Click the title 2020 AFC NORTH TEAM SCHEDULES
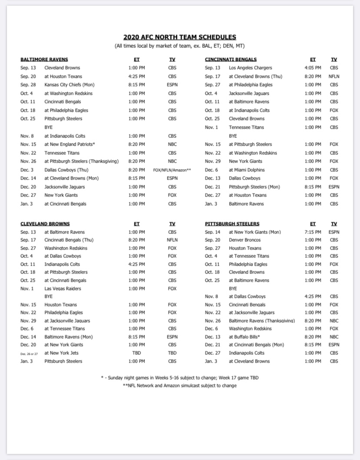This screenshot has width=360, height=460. pyautogui.click(x=180, y=37)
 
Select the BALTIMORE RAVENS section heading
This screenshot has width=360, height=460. pyautogui.click(x=44, y=60)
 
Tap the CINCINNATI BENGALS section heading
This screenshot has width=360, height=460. pyautogui.click(x=230, y=60)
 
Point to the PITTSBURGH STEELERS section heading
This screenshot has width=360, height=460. pyautogui.click(x=232, y=224)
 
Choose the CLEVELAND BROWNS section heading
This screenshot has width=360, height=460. pyautogui.click(x=45, y=224)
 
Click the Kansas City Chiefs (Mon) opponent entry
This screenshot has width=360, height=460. pyautogui.click(x=69, y=85)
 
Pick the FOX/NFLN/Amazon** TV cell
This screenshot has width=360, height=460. pyautogui.click(x=172, y=170)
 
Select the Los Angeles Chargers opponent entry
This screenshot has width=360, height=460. pyautogui.click(x=250, y=68)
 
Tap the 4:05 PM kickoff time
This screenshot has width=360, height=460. pyautogui.click(x=313, y=68)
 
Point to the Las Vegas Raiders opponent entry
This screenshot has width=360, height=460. pyautogui.click(x=63, y=289)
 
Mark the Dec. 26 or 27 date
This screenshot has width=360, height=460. pyautogui.click(x=29, y=353)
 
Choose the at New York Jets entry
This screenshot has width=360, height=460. pyautogui.click(x=61, y=353)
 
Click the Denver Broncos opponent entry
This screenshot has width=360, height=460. pyautogui.click(x=245, y=240)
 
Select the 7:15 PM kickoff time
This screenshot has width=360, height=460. pyautogui.click(x=313, y=232)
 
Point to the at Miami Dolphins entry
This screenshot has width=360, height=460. pyautogui.click(x=247, y=170)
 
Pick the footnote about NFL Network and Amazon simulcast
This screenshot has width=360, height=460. pyautogui.click(x=180, y=386)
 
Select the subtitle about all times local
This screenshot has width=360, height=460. pyautogui.click(x=180, y=46)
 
